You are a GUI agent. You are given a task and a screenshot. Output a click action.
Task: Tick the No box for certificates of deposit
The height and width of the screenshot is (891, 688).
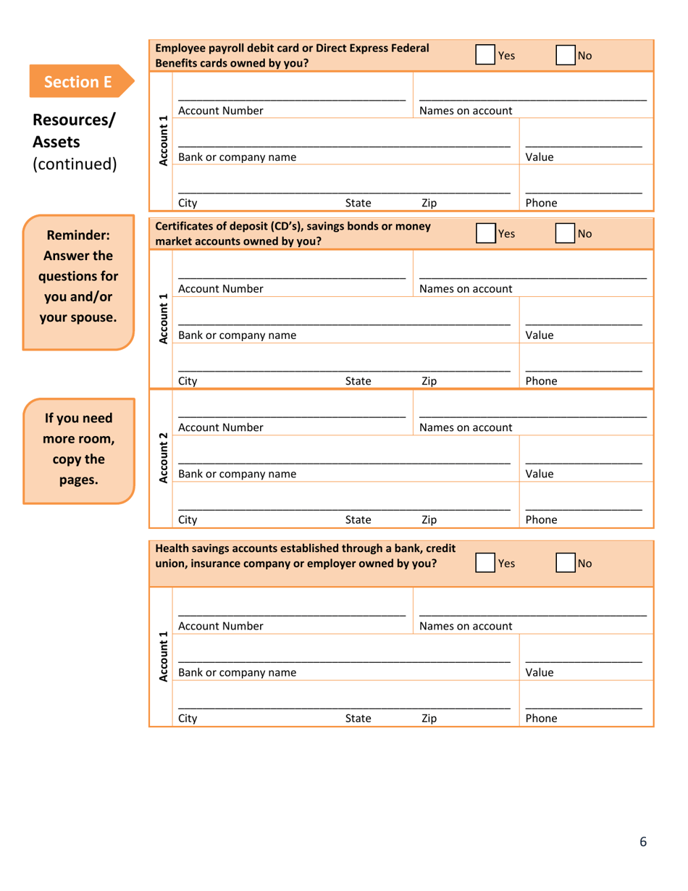click(566, 234)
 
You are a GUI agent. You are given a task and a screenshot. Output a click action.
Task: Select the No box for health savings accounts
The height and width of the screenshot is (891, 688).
click(566, 563)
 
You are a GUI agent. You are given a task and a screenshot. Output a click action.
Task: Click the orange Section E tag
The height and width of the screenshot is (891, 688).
click(80, 81)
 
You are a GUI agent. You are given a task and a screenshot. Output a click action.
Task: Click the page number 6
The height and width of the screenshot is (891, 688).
click(642, 841)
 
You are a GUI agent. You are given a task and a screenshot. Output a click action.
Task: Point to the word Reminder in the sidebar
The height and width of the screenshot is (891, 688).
click(77, 235)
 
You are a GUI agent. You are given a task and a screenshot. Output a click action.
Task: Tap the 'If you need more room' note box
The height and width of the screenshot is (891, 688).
click(77, 449)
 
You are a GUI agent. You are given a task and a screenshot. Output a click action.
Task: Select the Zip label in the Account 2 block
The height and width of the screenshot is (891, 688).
click(429, 519)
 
